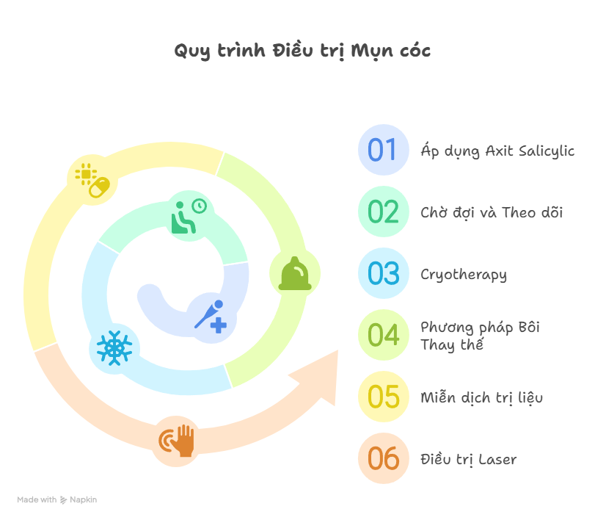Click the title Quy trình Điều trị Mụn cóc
click(x=302, y=51)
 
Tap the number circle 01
click(x=383, y=150)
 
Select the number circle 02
click(x=383, y=212)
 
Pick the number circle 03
click(x=383, y=273)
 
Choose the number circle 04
click(x=383, y=335)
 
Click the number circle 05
click(x=383, y=397)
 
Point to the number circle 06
click(x=383, y=458)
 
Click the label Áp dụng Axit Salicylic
click(x=497, y=151)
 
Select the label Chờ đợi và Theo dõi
click(x=491, y=213)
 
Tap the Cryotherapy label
click(x=463, y=275)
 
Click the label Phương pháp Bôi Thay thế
click(x=480, y=336)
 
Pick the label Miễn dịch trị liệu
click(x=481, y=398)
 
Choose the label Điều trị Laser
click(x=468, y=460)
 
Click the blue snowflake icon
click(x=114, y=347)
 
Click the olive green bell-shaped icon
click(x=295, y=274)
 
